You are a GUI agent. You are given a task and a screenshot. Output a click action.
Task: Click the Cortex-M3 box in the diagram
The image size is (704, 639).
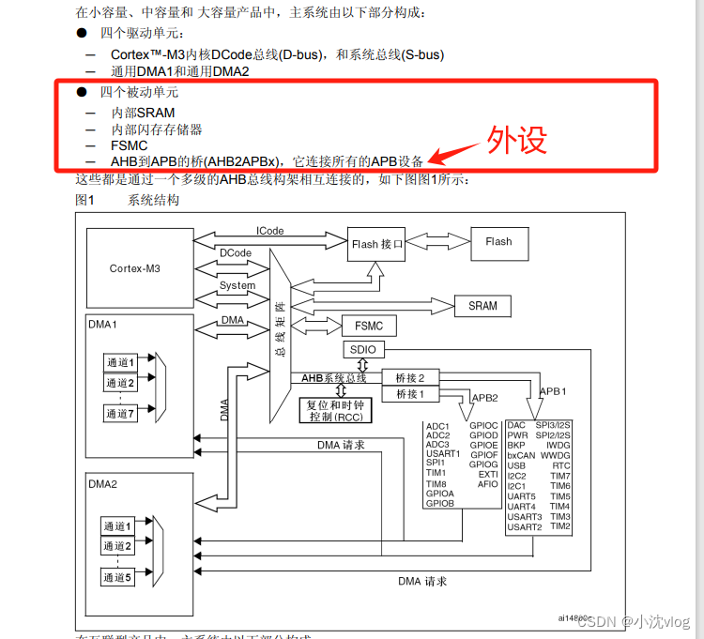(134, 268)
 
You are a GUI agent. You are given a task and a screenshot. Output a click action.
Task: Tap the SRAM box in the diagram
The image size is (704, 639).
(483, 306)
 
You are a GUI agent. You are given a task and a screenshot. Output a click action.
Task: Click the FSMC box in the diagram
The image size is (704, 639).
(369, 327)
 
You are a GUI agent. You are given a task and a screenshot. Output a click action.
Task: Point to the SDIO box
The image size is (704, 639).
(362, 350)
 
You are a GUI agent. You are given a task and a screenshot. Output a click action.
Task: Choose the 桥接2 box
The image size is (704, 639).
(409, 377)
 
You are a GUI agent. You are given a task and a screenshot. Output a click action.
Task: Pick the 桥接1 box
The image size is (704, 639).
(409, 394)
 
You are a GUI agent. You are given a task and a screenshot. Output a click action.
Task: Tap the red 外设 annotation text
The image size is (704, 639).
(516, 140)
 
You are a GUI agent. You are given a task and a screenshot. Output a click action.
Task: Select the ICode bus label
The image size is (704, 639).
(269, 231)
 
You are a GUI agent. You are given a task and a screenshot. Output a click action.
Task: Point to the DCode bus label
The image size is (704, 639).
(236, 253)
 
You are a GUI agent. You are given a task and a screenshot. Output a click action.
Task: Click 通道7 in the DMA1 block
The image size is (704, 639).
(120, 413)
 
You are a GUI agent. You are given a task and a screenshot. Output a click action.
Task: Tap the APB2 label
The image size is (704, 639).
(484, 397)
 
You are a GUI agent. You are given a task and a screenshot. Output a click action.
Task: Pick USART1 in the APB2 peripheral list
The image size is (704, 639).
(443, 454)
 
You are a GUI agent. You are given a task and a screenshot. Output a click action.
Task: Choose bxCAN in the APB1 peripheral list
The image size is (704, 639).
(521, 455)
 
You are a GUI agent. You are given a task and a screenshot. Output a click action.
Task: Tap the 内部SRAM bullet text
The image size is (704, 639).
(143, 113)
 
